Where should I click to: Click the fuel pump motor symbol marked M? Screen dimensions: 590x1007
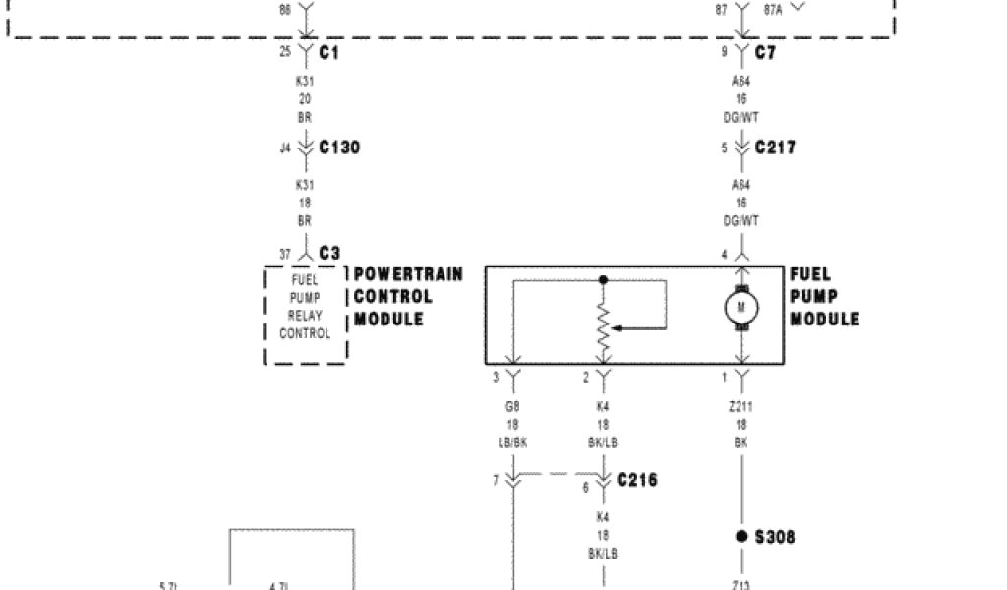pyautogui.click(x=741, y=309)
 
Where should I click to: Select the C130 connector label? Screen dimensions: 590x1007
pyautogui.click(x=339, y=147)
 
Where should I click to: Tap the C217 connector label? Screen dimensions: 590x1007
pyautogui.click(x=776, y=147)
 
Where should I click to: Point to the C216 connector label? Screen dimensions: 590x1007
pyautogui.click(x=637, y=480)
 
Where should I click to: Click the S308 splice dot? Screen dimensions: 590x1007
pyautogui.click(x=741, y=536)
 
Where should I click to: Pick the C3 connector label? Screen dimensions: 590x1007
pyautogui.click(x=329, y=254)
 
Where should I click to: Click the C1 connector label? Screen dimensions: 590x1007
pyautogui.click(x=329, y=53)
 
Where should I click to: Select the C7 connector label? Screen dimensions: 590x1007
pyautogui.click(x=765, y=53)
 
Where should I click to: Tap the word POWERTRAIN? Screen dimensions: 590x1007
pyautogui.click(x=408, y=274)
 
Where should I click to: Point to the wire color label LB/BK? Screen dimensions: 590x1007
pyautogui.click(x=511, y=442)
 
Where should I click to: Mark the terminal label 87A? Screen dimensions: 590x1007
pyautogui.click(x=774, y=9)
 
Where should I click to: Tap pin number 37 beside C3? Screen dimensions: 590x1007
pyautogui.click(x=285, y=255)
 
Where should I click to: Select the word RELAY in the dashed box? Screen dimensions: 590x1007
pyautogui.click(x=305, y=316)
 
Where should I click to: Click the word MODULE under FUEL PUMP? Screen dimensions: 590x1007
pyautogui.click(x=824, y=320)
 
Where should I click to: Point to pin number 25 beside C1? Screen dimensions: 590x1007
pyautogui.click(x=285, y=52)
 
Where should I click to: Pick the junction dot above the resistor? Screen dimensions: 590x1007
pyautogui.click(x=604, y=280)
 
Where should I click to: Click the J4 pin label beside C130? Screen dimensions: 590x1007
pyautogui.click(x=285, y=148)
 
